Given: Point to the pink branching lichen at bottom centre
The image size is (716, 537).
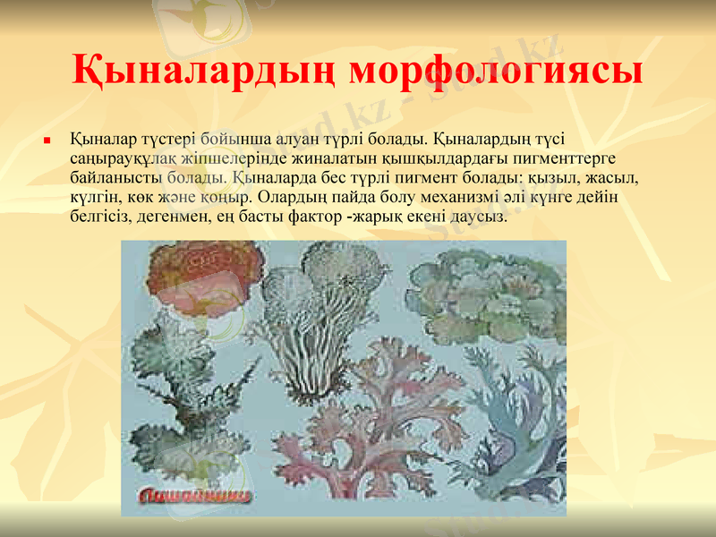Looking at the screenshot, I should [x=358, y=421].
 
